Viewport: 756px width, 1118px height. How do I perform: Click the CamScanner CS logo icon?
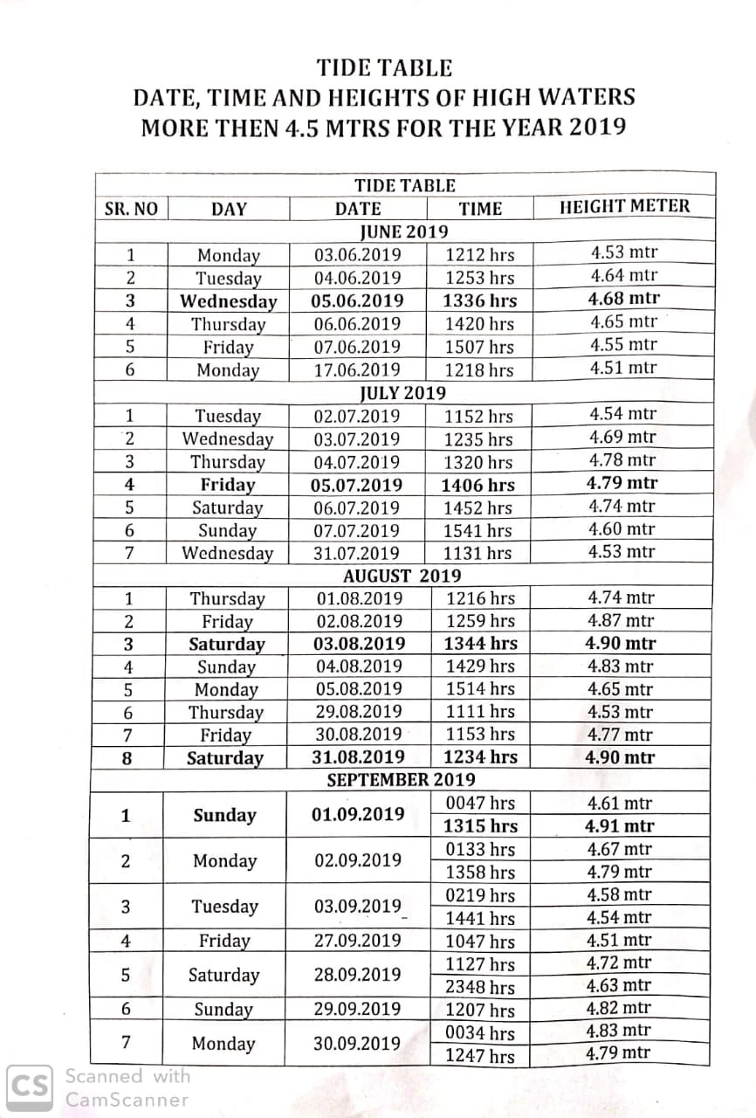tap(31, 1087)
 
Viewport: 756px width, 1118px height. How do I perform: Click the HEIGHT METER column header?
tap(623, 207)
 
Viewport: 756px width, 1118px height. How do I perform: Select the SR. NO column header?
tap(131, 209)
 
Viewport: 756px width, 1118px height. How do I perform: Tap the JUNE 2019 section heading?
tap(404, 231)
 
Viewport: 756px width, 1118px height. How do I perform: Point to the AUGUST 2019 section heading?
tap(402, 576)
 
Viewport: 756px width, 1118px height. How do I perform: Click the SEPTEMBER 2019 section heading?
tap(401, 779)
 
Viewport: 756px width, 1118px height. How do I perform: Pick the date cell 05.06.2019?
tap(358, 301)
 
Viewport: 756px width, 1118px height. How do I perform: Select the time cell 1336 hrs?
tap(480, 301)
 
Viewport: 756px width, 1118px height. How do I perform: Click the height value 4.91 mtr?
tap(619, 826)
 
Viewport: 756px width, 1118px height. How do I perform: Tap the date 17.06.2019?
tap(358, 370)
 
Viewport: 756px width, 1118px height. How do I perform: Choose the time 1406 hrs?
tap(478, 486)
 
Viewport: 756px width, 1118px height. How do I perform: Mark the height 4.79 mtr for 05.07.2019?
tap(622, 483)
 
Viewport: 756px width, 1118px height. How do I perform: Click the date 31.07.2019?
tap(358, 553)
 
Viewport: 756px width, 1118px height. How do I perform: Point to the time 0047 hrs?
tap(480, 804)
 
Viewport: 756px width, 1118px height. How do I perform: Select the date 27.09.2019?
tap(358, 941)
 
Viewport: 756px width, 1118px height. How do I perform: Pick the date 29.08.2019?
tap(359, 712)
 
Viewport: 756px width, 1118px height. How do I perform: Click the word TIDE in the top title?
tap(345, 68)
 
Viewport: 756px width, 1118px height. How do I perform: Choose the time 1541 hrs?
tap(478, 530)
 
